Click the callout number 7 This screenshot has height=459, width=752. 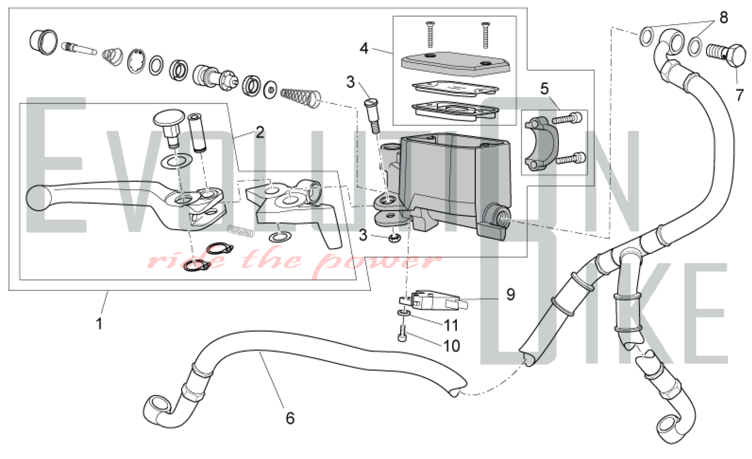[740, 95]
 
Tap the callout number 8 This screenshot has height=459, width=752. [724, 17]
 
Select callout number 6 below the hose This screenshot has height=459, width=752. [290, 418]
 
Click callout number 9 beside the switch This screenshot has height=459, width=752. [510, 294]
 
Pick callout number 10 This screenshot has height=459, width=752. [452, 346]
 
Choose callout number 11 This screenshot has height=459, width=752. [451, 325]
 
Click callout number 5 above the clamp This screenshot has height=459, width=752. [544, 88]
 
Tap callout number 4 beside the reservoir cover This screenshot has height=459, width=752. [364, 48]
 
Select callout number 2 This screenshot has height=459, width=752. [260, 132]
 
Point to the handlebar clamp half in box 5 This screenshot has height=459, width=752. [541, 143]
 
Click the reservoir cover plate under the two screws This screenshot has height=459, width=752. [455, 63]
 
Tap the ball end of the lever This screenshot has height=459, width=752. [38, 198]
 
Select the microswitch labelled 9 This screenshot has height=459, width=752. [432, 301]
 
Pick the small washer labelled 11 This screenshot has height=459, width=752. [403, 313]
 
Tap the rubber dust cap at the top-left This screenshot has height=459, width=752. [43, 42]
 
